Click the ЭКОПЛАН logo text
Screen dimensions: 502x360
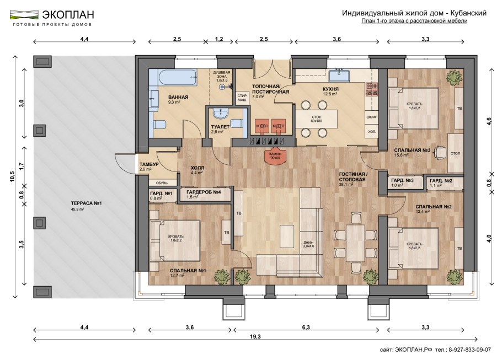point(68,15)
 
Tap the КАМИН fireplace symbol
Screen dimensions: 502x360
point(275,156)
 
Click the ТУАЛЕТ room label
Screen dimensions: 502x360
point(220,127)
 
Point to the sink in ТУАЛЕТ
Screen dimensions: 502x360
point(220,114)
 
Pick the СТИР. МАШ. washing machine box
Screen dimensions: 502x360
point(242,98)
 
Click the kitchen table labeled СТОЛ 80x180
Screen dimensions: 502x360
point(316,119)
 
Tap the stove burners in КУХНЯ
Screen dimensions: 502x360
point(372,90)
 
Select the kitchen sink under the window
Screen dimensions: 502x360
point(339,77)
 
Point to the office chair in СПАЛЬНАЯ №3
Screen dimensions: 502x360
point(441,152)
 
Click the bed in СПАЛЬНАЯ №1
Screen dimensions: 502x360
point(175,240)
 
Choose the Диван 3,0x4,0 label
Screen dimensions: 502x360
point(308,244)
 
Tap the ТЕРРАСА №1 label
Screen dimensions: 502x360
point(86,203)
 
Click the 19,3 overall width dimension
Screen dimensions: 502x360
point(255,336)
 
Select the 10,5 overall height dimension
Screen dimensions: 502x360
point(13,176)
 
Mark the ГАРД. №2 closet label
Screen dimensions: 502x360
point(441,180)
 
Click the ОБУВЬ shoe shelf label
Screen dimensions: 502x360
point(162,183)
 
